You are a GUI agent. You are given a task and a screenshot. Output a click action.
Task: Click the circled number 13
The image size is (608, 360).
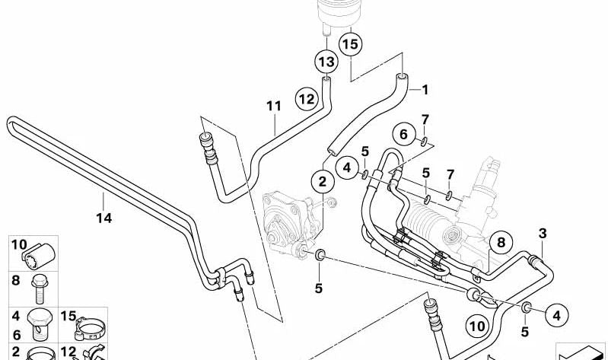click(326, 60)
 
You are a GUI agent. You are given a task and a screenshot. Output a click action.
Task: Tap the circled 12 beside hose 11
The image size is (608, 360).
click(307, 98)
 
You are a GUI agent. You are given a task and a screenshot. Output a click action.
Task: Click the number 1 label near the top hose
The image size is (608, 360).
click(425, 89)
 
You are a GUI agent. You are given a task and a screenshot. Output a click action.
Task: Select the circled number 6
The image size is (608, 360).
click(405, 134)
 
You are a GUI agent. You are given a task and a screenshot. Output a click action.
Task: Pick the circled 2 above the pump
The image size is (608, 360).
click(322, 181)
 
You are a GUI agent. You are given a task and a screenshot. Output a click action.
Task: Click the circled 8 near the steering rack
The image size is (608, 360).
click(500, 244)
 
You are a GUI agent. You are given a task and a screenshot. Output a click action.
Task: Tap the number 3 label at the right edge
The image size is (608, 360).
click(542, 232)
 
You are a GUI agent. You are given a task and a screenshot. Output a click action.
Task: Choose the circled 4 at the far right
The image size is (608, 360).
click(556, 314)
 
